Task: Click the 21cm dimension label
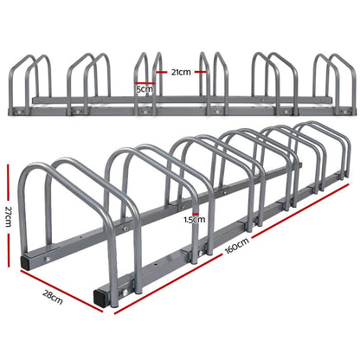pos(180,73)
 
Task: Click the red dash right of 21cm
pos(202,73)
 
